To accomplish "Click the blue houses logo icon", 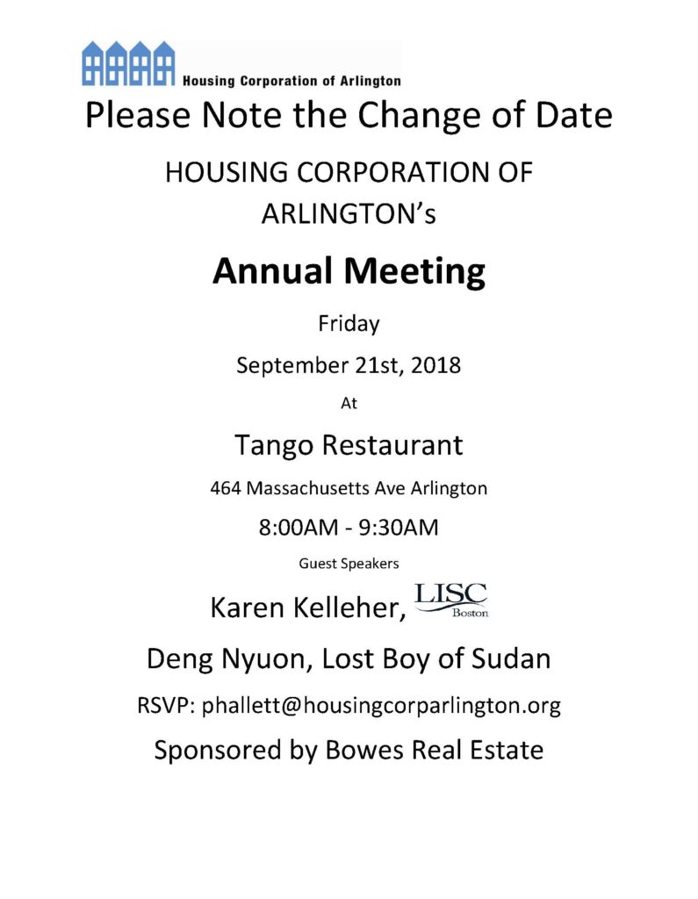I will (x=128, y=63).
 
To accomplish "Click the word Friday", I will (x=349, y=324).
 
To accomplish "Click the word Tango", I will (x=273, y=446).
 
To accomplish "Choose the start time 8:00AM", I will (x=293, y=529).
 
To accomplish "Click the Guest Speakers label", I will (x=349, y=564).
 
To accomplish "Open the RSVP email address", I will (x=381, y=705).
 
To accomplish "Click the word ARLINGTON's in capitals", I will (x=349, y=213).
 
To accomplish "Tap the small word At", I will (x=349, y=405).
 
